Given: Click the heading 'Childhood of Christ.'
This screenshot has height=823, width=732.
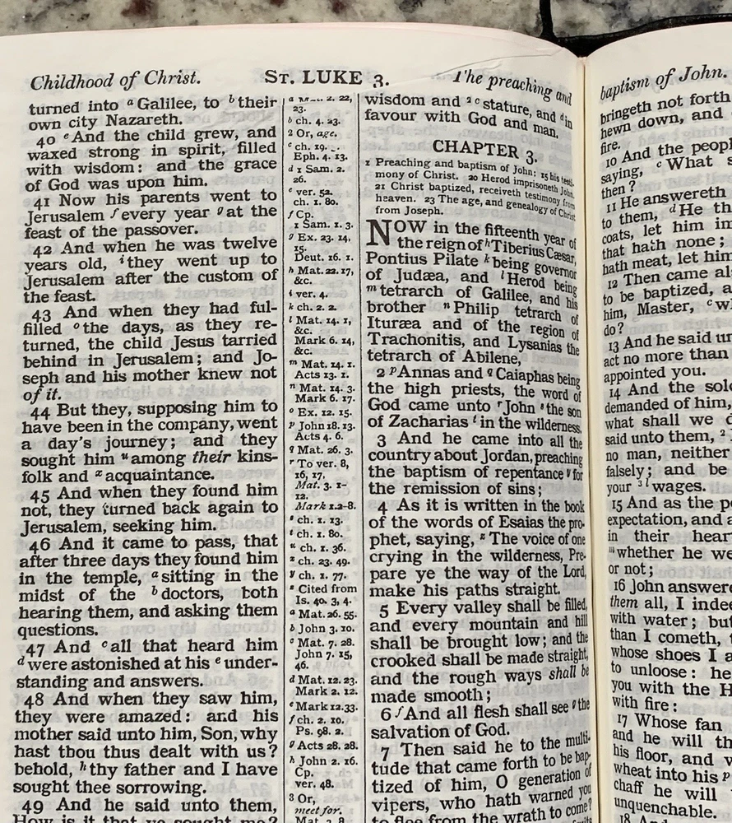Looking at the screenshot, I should [115, 81].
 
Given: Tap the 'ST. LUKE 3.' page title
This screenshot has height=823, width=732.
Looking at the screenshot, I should [325, 79].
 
